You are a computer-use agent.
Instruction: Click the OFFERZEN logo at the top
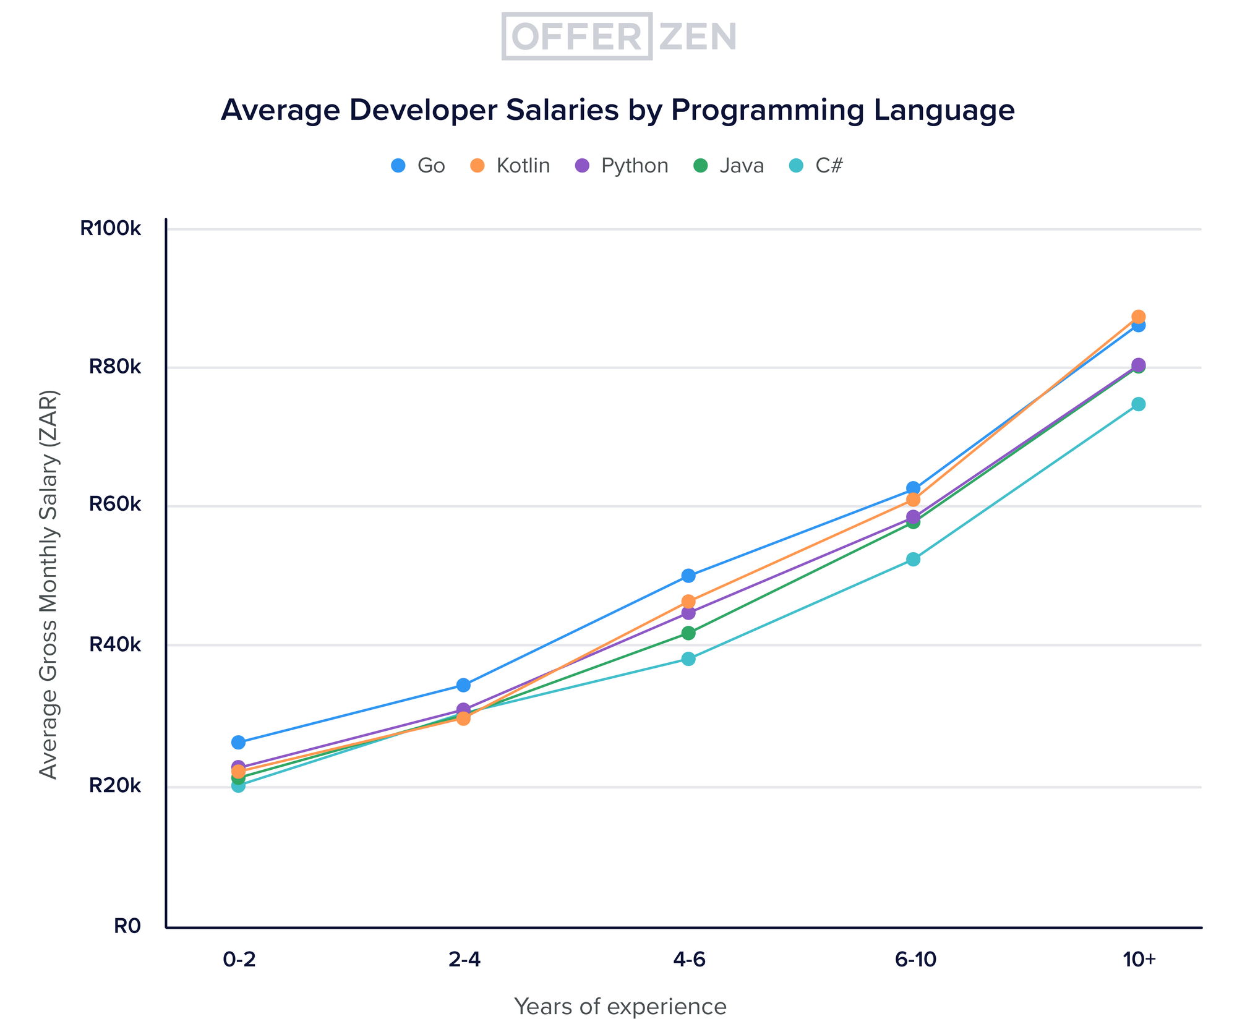619,36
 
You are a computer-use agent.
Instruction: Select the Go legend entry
419,166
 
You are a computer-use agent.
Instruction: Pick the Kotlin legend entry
510,166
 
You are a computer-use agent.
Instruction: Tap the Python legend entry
622,166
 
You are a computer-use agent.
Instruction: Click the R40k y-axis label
115,644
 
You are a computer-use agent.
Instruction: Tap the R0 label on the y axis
127,926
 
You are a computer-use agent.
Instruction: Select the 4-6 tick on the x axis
688,960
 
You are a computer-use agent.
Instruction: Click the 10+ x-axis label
1139,960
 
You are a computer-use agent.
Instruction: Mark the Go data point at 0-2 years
238,742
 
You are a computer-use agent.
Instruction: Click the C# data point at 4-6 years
688,659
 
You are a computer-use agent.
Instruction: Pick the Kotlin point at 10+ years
1139,317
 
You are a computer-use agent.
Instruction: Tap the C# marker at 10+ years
1139,404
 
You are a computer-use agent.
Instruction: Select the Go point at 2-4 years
463,685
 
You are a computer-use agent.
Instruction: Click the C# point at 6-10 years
914,559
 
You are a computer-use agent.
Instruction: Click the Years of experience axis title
620,1007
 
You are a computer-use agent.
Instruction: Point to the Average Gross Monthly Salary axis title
48,584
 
